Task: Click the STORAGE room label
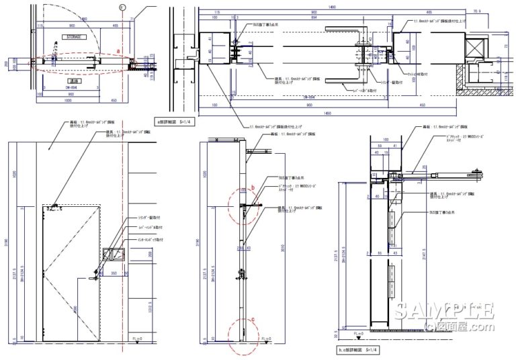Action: pyautogui.click(x=74, y=38)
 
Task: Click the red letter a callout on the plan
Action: pyautogui.click(x=119, y=50)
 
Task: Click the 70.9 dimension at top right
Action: pyautogui.click(x=477, y=11)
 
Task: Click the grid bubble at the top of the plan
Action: pyautogui.click(x=121, y=7)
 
